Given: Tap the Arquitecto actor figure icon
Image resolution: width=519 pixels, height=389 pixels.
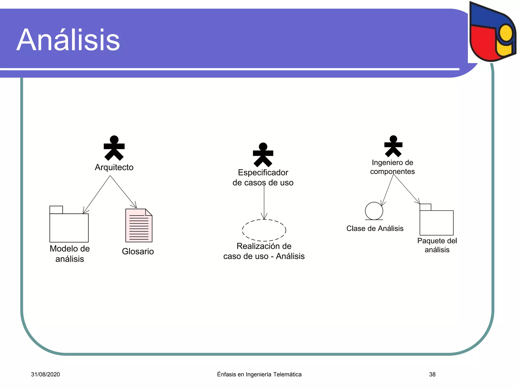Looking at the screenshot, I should coord(114,148).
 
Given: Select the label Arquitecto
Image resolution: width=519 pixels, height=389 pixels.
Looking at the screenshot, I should coord(114,167).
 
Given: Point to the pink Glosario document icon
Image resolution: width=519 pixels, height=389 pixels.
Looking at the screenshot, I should coord(139,225).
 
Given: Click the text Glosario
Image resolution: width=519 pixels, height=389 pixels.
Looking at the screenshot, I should coord(138,251).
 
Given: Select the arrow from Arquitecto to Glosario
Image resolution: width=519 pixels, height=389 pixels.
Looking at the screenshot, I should coord(123,192).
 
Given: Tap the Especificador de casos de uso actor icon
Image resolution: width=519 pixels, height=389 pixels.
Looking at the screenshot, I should coord(263,155).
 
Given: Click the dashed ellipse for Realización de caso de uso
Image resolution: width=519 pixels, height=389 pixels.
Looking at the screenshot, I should coord(264,230).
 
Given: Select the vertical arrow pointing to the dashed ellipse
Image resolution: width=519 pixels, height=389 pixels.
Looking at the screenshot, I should coord(264,203).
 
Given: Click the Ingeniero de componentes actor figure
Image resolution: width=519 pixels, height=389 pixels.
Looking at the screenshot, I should coord(393,146).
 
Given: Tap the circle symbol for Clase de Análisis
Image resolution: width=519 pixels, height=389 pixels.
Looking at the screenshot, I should coord(374,211).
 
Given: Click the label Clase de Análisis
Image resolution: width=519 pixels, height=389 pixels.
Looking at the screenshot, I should coord(375,228).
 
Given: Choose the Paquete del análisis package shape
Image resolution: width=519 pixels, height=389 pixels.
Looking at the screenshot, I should coord(436,222).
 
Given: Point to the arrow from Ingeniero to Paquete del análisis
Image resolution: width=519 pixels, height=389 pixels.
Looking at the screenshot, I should coord(406,189).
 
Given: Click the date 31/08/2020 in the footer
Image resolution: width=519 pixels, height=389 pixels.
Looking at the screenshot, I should coord(45,374).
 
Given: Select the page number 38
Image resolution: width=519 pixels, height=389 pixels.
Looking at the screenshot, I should coord(432,374).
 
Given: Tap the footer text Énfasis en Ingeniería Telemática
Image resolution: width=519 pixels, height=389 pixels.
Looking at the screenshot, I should coord(259,374).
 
